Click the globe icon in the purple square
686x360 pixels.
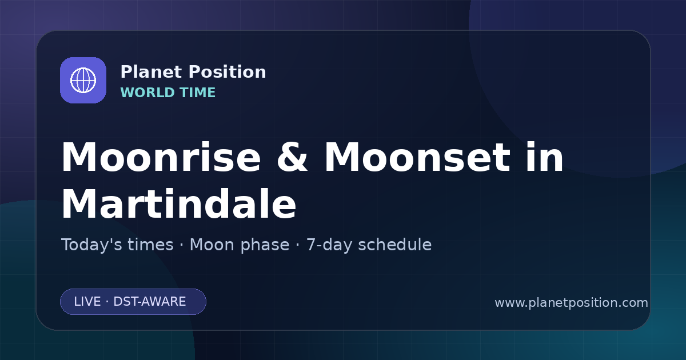(83, 80)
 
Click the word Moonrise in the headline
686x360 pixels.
(161, 157)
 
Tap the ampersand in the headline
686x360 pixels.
(292, 157)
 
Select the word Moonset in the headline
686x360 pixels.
(417, 157)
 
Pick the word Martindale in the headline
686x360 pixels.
(179, 204)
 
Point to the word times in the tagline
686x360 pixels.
(150, 245)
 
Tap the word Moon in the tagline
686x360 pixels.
(212, 245)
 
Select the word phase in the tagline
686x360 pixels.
(265, 246)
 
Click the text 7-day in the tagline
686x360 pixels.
(329, 246)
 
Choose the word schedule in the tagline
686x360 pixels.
(395, 245)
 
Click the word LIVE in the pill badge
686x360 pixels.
(87, 302)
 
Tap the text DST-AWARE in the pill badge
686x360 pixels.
(149, 302)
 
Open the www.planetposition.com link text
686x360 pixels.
(571, 303)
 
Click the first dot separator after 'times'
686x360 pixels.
(182, 246)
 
